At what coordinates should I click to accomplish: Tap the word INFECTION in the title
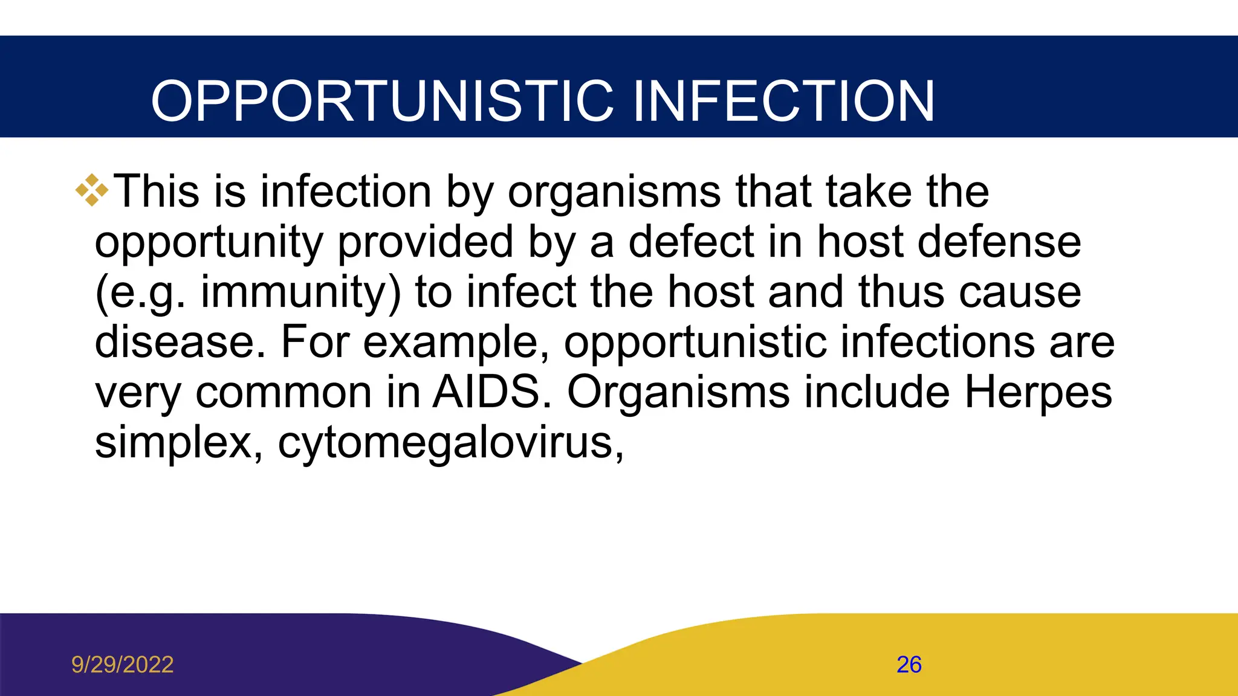783,101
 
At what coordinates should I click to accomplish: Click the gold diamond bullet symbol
92,190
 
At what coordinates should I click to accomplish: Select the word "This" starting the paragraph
157,192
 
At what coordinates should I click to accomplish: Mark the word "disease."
180,343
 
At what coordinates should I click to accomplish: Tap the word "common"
284,393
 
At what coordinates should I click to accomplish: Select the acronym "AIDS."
492,393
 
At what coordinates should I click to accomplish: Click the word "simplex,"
179,443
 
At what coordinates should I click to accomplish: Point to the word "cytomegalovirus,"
450,443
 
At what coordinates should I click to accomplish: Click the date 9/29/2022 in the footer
123,665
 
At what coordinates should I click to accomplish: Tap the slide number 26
909,665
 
